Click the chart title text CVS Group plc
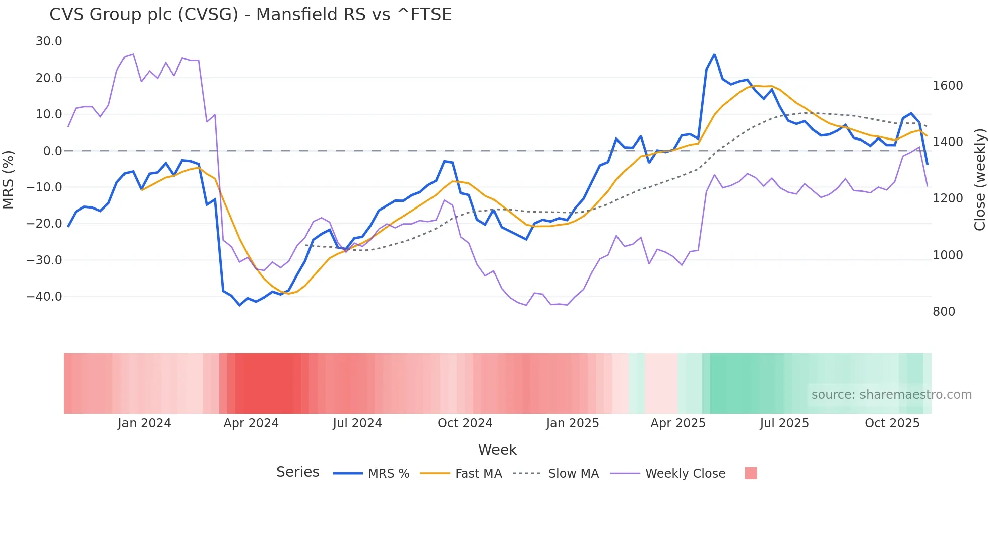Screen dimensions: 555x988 click(250, 15)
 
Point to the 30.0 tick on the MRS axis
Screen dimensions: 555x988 click(49, 41)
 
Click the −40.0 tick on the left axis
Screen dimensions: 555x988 click(44, 297)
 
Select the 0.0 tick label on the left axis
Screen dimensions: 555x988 click(52, 151)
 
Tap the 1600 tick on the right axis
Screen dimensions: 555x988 click(948, 86)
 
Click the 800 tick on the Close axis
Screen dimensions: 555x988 click(944, 312)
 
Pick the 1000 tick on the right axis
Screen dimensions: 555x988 click(948, 255)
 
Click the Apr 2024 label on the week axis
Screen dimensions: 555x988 click(251, 423)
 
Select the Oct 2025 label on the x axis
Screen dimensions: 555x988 click(892, 423)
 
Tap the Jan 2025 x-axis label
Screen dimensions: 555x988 click(572, 423)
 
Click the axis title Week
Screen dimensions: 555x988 click(497, 450)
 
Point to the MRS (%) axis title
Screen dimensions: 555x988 click(9, 179)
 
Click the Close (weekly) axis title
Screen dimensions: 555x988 click(979, 179)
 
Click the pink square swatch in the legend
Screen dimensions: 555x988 click(751, 473)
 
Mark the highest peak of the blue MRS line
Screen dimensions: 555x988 click(714, 55)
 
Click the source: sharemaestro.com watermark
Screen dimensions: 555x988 click(891, 395)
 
